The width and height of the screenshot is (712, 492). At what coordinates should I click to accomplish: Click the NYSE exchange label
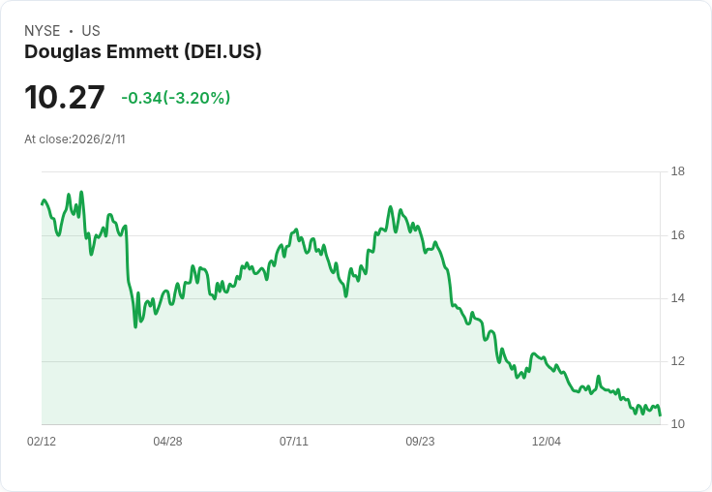pyautogui.click(x=43, y=31)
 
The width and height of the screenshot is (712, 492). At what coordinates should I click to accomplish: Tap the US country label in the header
pyautogui.click(x=91, y=31)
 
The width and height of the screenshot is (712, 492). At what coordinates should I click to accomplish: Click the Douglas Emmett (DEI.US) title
pyautogui.click(x=143, y=52)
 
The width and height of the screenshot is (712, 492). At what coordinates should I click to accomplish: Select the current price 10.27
pyautogui.click(x=65, y=98)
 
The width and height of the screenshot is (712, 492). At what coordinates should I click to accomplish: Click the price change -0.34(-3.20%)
pyautogui.click(x=176, y=98)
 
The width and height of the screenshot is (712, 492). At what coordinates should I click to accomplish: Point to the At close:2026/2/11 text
pyautogui.click(x=74, y=139)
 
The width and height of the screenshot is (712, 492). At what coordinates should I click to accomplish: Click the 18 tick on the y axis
pyautogui.click(x=678, y=172)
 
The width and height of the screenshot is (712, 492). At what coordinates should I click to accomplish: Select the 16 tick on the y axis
pyautogui.click(x=678, y=235)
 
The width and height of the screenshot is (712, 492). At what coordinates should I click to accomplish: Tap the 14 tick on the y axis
pyautogui.click(x=678, y=298)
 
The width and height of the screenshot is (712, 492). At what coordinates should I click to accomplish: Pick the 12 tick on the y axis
pyautogui.click(x=678, y=361)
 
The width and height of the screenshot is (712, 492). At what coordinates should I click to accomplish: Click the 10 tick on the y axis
pyautogui.click(x=678, y=424)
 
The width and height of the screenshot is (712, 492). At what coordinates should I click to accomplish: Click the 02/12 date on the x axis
pyautogui.click(x=42, y=442)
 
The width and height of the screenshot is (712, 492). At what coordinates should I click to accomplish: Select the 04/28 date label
pyautogui.click(x=167, y=442)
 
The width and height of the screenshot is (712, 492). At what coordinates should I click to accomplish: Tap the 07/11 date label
pyautogui.click(x=294, y=442)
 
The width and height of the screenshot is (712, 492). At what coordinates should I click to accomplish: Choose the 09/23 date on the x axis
pyautogui.click(x=420, y=442)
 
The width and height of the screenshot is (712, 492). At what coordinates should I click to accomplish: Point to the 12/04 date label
pyautogui.click(x=547, y=442)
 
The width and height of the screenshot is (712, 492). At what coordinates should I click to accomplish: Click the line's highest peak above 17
pyautogui.click(x=81, y=192)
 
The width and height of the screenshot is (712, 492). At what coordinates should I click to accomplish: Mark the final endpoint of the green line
pyautogui.click(x=660, y=415)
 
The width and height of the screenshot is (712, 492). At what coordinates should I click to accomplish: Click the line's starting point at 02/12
pyautogui.click(x=42, y=203)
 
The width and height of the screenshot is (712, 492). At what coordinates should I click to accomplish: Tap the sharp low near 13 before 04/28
pyautogui.click(x=135, y=326)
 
